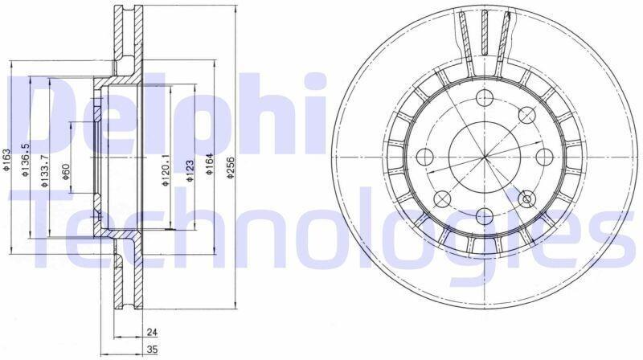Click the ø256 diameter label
[x=231, y=168]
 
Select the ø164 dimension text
[x=210, y=164]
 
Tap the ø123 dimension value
[x=189, y=170]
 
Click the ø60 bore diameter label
[x=66, y=172]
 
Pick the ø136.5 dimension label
[x=25, y=160]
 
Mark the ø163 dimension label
[x=6, y=159]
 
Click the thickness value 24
[x=152, y=332]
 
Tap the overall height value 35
[x=152, y=350]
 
